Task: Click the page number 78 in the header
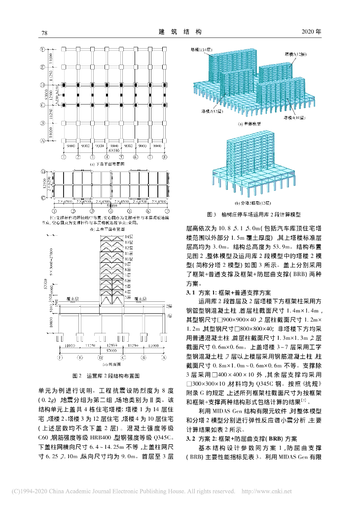(43, 33)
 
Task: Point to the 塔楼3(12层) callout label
(295, 53)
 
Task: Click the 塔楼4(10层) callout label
(294, 118)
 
